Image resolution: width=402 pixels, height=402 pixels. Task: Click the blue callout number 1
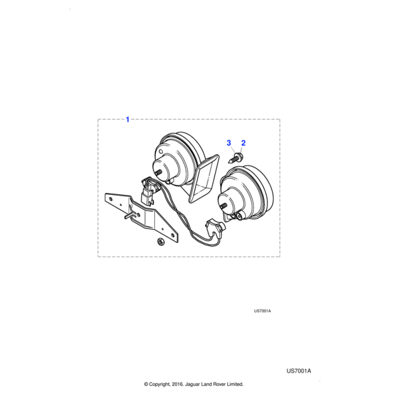pyautogui.click(x=128, y=120)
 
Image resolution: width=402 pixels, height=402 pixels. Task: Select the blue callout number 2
pyautogui.click(x=243, y=143)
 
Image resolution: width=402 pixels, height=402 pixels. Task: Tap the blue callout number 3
pyautogui.click(x=228, y=143)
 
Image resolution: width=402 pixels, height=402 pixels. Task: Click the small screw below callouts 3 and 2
pyautogui.click(x=239, y=157)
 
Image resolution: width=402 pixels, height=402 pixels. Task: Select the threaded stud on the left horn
pyautogui.click(x=157, y=172)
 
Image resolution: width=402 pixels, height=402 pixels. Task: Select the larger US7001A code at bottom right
pyautogui.click(x=299, y=371)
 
